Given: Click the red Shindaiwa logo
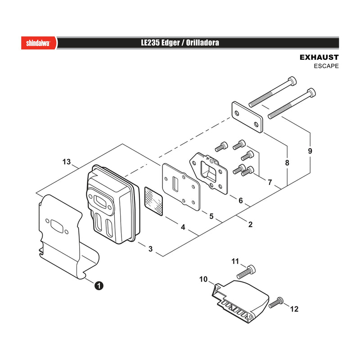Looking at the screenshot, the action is pyautogui.click(x=39, y=43).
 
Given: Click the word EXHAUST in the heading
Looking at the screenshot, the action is pyautogui.click(x=319, y=58).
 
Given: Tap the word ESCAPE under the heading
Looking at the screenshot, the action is pyautogui.click(x=326, y=66).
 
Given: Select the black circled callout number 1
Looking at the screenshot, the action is pyautogui.click(x=99, y=286).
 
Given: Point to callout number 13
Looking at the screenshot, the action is pyautogui.click(x=67, y=162).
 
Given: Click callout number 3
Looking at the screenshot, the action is pyautogui.click(x=150, y=249).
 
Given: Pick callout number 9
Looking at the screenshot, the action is pyautogui.click(x=310, y=151).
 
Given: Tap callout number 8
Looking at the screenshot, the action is pyautogui.click(x=287, y=163).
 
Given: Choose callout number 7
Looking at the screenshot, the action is pyautogui.click(x=270, y=182).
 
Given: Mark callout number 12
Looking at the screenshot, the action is pyautogui.click(x=294, y=309).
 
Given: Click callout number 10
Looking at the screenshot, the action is pyautogui.click(x=203, y=279).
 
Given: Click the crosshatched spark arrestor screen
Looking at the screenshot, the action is pyautogui.click(x=153, y=201).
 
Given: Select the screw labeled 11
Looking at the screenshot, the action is pyautogui.click(x=246, y=272).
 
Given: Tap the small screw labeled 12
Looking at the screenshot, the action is pyautogui.click(x=276, y=302).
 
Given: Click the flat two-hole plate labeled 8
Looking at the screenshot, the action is pyautogui.click(x=247, y=117).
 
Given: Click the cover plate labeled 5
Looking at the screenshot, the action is pyautogui.click(x=181, y=187).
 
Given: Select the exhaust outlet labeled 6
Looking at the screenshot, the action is pyautogui.click(x=208, y=173).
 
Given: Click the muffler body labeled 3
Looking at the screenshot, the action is pyautogui.click(x=113, y=204).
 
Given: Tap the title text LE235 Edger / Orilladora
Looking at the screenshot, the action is pyautogui.click(x=180, y=43).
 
